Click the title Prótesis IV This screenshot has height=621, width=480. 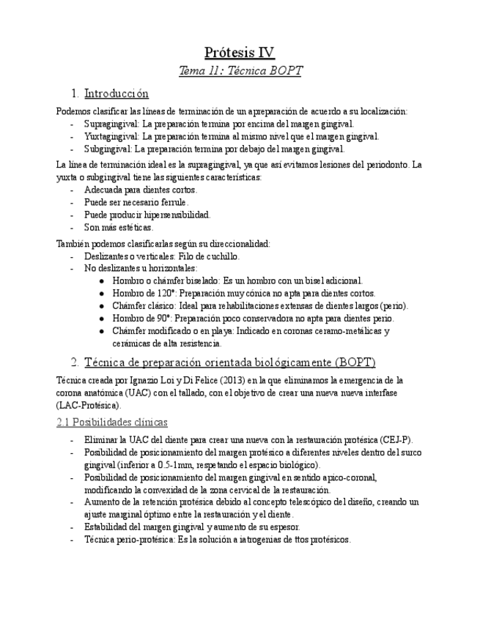(240, 53)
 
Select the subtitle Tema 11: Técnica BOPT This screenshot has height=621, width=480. (240, 72)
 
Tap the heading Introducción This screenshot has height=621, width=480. (117, 94)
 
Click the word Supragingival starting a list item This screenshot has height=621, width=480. (111, 124)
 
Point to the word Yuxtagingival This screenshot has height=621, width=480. (111, 136)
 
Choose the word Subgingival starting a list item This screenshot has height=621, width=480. (107, 149)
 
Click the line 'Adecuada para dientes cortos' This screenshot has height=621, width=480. (140, 190)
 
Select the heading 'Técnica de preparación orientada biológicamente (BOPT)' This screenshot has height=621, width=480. (229, 362)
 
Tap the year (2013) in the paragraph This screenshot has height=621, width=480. (194, 381)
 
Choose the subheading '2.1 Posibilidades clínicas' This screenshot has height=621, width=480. (112, 423)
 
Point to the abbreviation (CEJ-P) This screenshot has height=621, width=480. (396, 440)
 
